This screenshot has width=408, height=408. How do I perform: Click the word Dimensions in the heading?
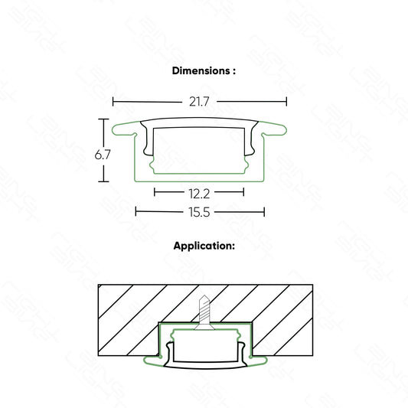(x=201, y=70)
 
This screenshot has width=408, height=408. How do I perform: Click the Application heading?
(x=204, y=246)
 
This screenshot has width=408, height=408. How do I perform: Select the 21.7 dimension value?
(x=199, y=102)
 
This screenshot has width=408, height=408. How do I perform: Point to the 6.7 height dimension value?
(x=103, y=155)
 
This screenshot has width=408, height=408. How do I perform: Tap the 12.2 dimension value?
(x=199, y=194)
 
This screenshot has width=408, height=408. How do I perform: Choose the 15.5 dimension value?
(x=199, y=212)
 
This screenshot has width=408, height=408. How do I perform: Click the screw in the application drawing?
(x=204, y=312)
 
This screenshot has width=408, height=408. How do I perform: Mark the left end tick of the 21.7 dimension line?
(x=113, y=102)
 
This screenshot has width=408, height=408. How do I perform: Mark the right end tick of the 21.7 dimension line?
(x=286, y=102)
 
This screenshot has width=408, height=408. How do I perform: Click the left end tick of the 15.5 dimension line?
(x=135, y=211)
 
